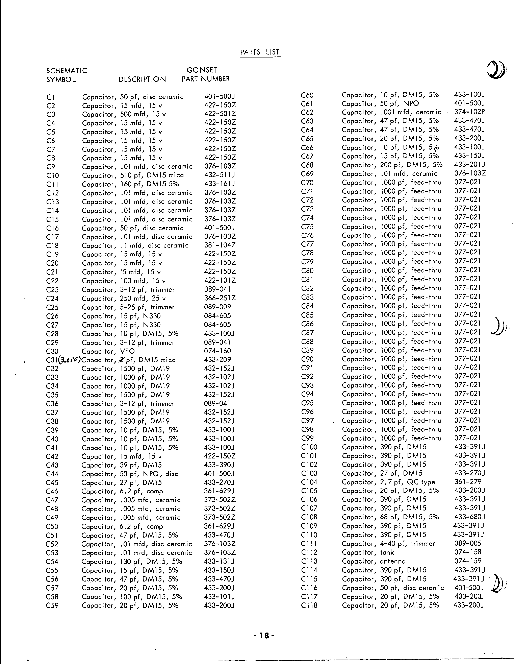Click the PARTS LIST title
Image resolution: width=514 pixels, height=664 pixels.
tap(260, 52)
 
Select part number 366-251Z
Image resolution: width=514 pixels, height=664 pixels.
tap(220, 298)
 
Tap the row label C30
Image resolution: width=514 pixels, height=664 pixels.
tap(52, 351)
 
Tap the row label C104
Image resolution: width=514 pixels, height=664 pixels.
tap(309, 482)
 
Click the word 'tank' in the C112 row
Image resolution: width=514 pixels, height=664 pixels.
tap(387, 552)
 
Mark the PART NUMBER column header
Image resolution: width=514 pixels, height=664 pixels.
tap(206, 79)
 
